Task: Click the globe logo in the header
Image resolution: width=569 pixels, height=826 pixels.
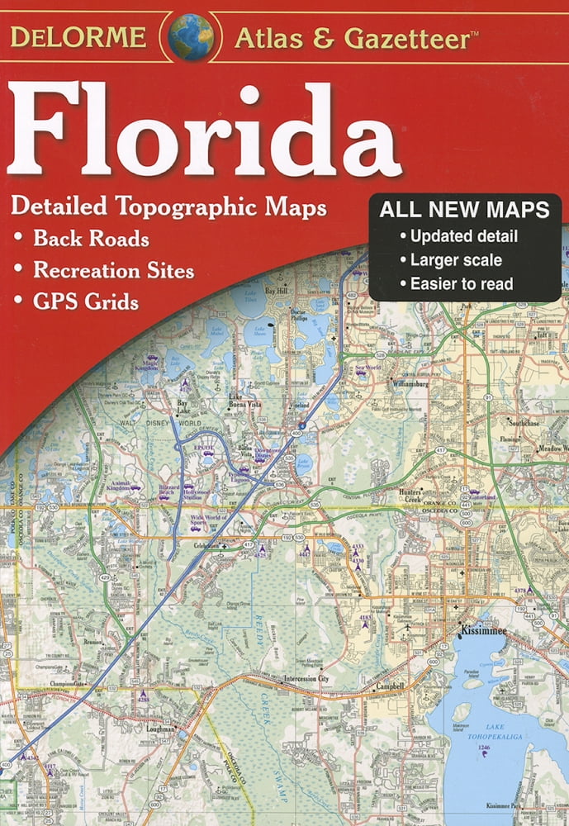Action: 192,36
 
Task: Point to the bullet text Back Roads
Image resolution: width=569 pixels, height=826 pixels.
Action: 91,240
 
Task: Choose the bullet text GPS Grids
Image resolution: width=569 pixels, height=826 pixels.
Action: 86,301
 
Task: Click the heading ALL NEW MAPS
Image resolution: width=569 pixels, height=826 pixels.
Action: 464,211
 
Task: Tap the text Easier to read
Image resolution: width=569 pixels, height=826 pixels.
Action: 462,284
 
